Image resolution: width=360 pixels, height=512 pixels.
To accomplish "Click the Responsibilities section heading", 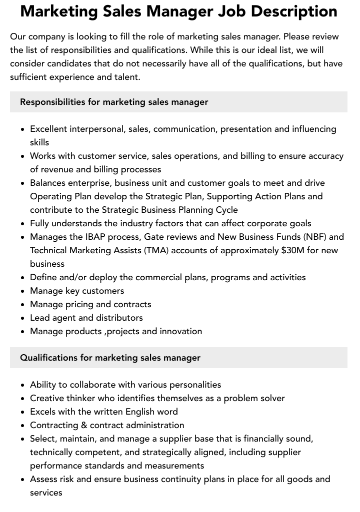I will (x=114, y=102).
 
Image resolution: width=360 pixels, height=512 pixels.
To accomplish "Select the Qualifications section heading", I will (x=110, y=358).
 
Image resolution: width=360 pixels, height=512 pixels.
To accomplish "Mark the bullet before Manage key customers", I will (x=23, y=291).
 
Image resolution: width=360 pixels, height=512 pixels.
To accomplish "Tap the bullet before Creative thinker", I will (x=23, y=399).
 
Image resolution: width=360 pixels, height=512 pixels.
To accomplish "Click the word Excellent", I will (x=48, y=129).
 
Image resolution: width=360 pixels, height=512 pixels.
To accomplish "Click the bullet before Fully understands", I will (x=23, y=224).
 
